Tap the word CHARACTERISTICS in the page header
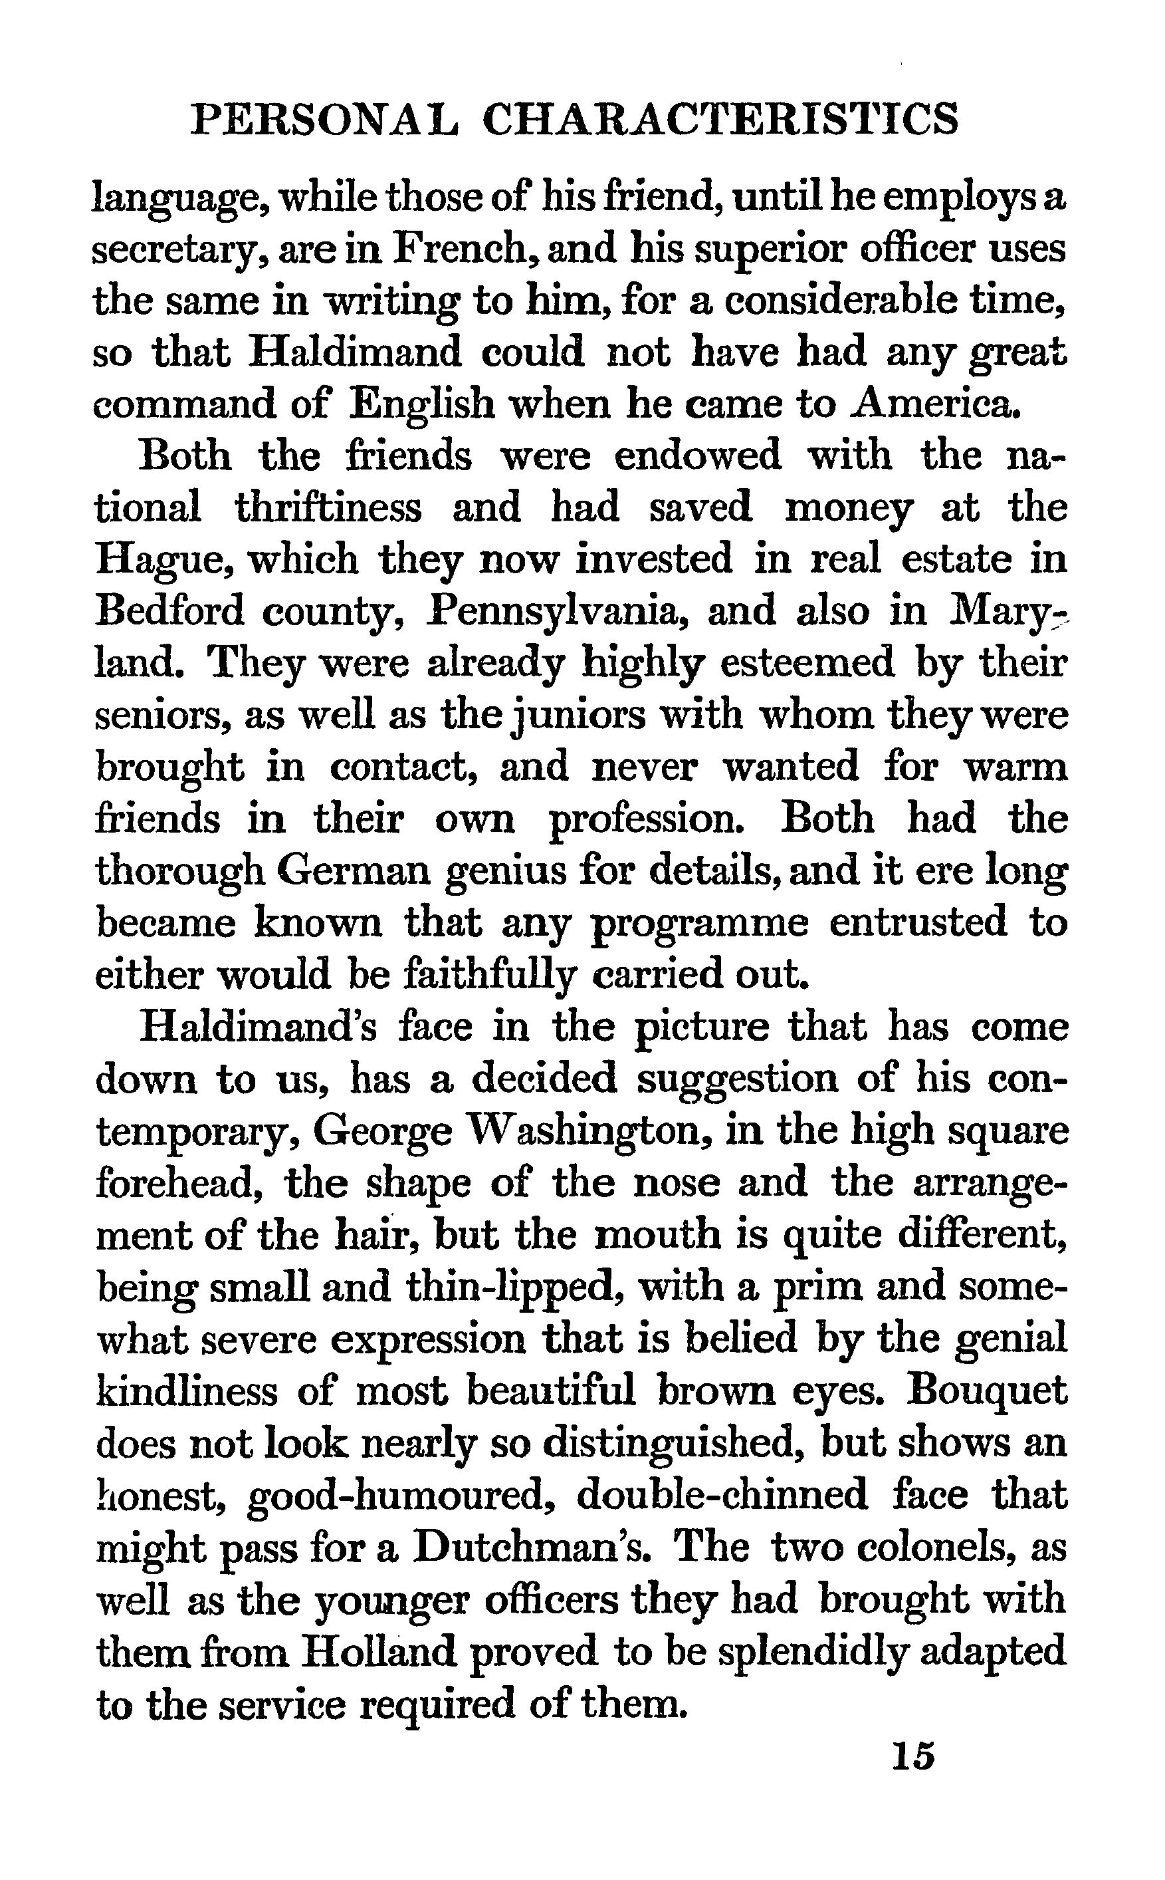click(720, 120)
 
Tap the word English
click(421, 404)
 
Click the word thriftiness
click(328, 508)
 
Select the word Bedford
click(169, 611)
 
